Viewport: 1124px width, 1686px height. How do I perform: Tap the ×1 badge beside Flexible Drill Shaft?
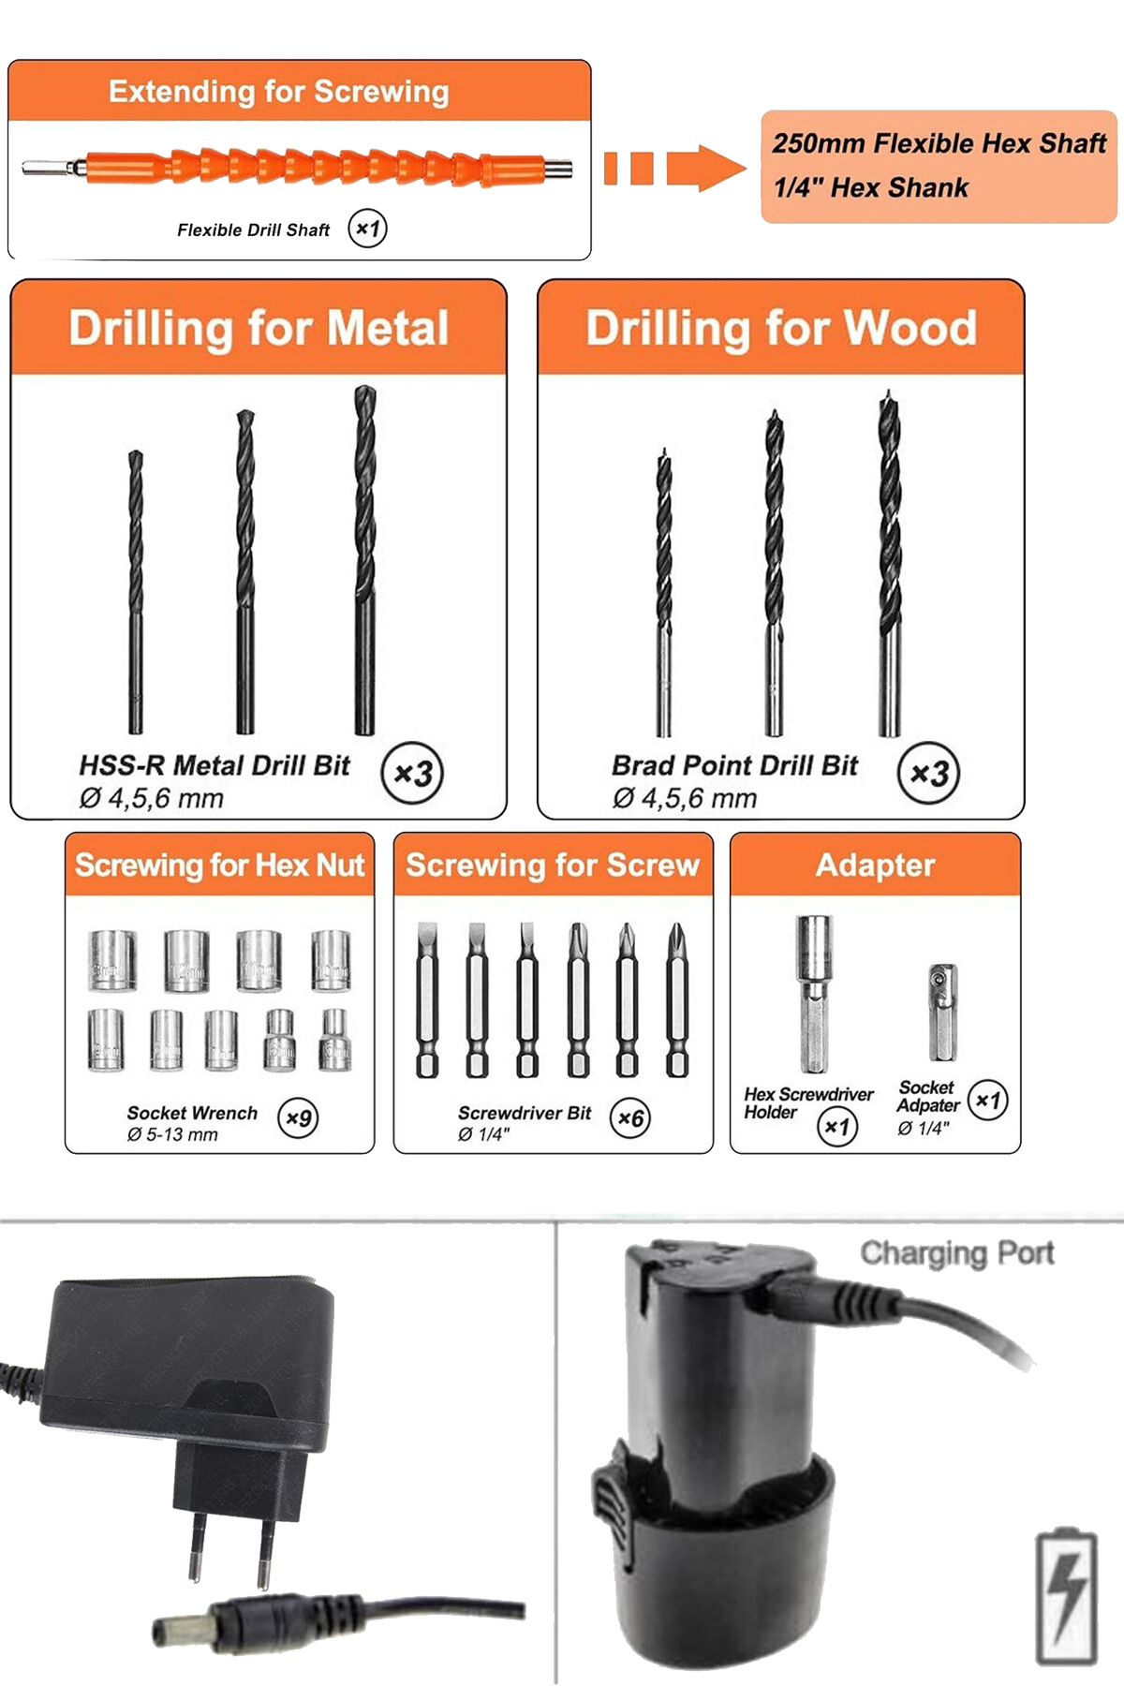[367, 229]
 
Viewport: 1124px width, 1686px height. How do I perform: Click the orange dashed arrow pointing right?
[674, 169]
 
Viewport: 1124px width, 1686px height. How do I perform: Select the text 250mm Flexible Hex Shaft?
[939, 144]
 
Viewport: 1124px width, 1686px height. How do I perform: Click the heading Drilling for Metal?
[259, 329]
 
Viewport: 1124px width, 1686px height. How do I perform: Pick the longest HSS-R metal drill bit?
[364, 559]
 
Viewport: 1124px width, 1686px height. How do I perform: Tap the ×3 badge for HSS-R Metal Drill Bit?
[412, 774]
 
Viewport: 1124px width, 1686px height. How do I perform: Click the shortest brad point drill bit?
[664, 592]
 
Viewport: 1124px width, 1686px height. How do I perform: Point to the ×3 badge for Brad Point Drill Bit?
[929, 774]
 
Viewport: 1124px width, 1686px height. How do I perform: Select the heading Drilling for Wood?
[781, 329]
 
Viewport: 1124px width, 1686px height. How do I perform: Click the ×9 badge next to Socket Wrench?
[298, 1117]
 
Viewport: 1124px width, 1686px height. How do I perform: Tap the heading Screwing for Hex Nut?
[219, 865]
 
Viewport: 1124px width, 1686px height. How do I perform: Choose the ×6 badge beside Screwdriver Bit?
[630, 1117]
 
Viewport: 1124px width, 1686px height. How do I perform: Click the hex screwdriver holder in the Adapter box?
[814, 994]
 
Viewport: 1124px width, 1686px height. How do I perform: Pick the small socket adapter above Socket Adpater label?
[941, 1012]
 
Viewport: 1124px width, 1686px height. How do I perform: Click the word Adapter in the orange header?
[876, 865]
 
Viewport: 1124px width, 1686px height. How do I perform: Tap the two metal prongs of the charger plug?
[230, 1550]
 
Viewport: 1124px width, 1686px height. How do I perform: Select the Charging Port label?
[957, 1252]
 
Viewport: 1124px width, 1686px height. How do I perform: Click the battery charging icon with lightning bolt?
[1067, 1597]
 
